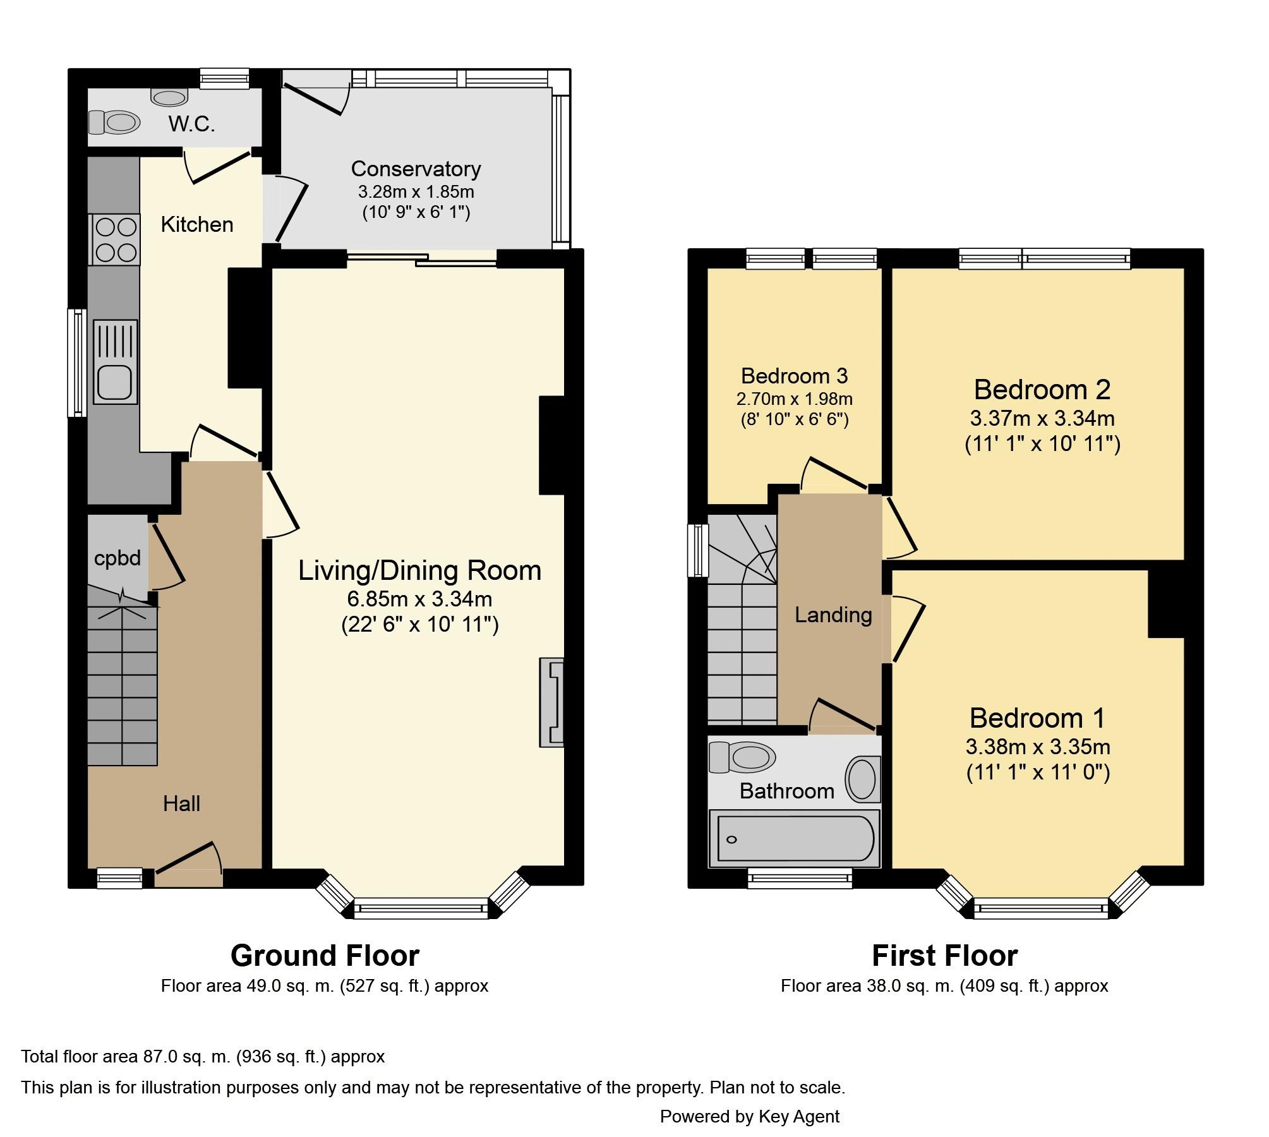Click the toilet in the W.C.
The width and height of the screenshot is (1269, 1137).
point(114,123)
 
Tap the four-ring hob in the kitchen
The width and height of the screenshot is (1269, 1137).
point(116,239)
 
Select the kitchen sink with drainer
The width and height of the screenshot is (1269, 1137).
point(116,362)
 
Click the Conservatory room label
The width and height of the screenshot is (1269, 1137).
point(416,169)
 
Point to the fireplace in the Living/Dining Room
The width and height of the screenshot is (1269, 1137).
point(551,702)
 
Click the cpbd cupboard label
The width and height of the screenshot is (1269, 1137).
point(117,559)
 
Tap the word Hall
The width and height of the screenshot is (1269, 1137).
point(181,803)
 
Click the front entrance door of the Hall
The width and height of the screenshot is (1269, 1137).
point(189,864)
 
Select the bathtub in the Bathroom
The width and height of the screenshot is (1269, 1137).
point(795,838)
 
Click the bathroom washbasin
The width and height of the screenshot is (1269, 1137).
point(861,778)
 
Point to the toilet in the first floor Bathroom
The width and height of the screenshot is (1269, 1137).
point(742,757)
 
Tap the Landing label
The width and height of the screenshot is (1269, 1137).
point(833,614)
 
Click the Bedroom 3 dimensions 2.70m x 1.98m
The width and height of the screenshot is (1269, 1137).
point(795,399)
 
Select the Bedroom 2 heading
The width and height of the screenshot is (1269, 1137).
point(1042,389)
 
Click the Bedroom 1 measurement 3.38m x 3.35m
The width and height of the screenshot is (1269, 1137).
point(1038,747)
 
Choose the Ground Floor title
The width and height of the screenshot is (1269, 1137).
point(325,955)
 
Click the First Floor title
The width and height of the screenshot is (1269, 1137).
point(944,955)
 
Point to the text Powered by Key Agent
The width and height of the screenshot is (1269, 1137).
point(750,1116)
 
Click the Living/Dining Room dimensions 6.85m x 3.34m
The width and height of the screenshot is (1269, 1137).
point(420,598)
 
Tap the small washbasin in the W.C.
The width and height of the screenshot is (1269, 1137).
point(170,97)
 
